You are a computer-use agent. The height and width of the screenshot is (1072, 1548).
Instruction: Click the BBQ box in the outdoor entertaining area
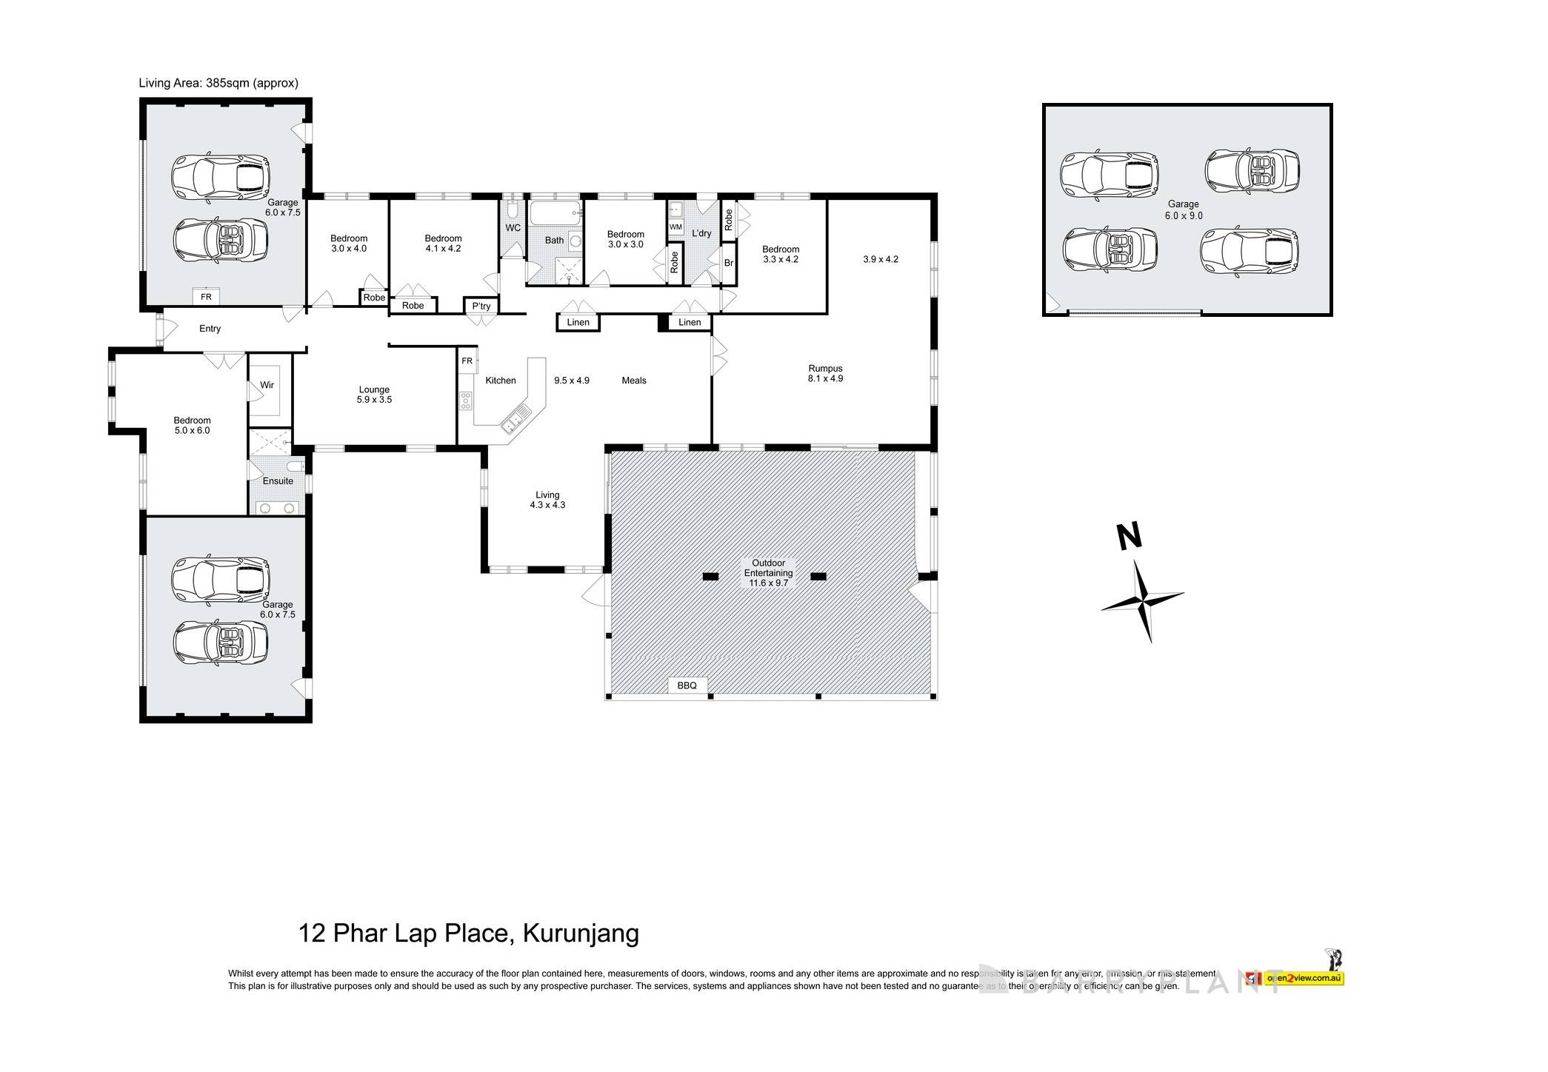click(687, 686)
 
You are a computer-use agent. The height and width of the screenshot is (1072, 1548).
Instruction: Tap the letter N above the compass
click(1128, 537)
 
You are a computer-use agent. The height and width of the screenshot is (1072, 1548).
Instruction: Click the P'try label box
click(481, 306)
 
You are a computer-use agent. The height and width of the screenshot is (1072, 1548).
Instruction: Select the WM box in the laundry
click(675, 227)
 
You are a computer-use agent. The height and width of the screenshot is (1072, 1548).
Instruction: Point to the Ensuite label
click(278, 480)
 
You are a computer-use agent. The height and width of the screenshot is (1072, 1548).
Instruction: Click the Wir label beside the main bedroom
click(267, 385)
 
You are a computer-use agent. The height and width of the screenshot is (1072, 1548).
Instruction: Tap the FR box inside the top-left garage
click(206, 297)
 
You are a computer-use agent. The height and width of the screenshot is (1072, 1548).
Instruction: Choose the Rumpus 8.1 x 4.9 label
click(825, 373)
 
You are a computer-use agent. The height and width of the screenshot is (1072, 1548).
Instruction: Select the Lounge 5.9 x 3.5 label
click(374, 395)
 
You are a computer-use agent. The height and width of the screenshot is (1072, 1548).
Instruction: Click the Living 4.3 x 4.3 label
click(547, 500)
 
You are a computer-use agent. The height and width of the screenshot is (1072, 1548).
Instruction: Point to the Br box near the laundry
click(728, 263)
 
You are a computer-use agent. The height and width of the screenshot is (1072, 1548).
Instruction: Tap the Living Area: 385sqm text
click(218, 83)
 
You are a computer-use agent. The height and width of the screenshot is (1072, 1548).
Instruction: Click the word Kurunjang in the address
click(581, 933)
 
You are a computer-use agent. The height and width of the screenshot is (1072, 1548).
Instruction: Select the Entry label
click(210, 329)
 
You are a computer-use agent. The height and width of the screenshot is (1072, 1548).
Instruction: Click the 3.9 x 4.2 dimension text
click(880, 259)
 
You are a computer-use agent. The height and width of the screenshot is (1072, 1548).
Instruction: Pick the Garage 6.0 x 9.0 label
click(1183, 210)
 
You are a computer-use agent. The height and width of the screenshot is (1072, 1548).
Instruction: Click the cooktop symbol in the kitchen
click(465, 401)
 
